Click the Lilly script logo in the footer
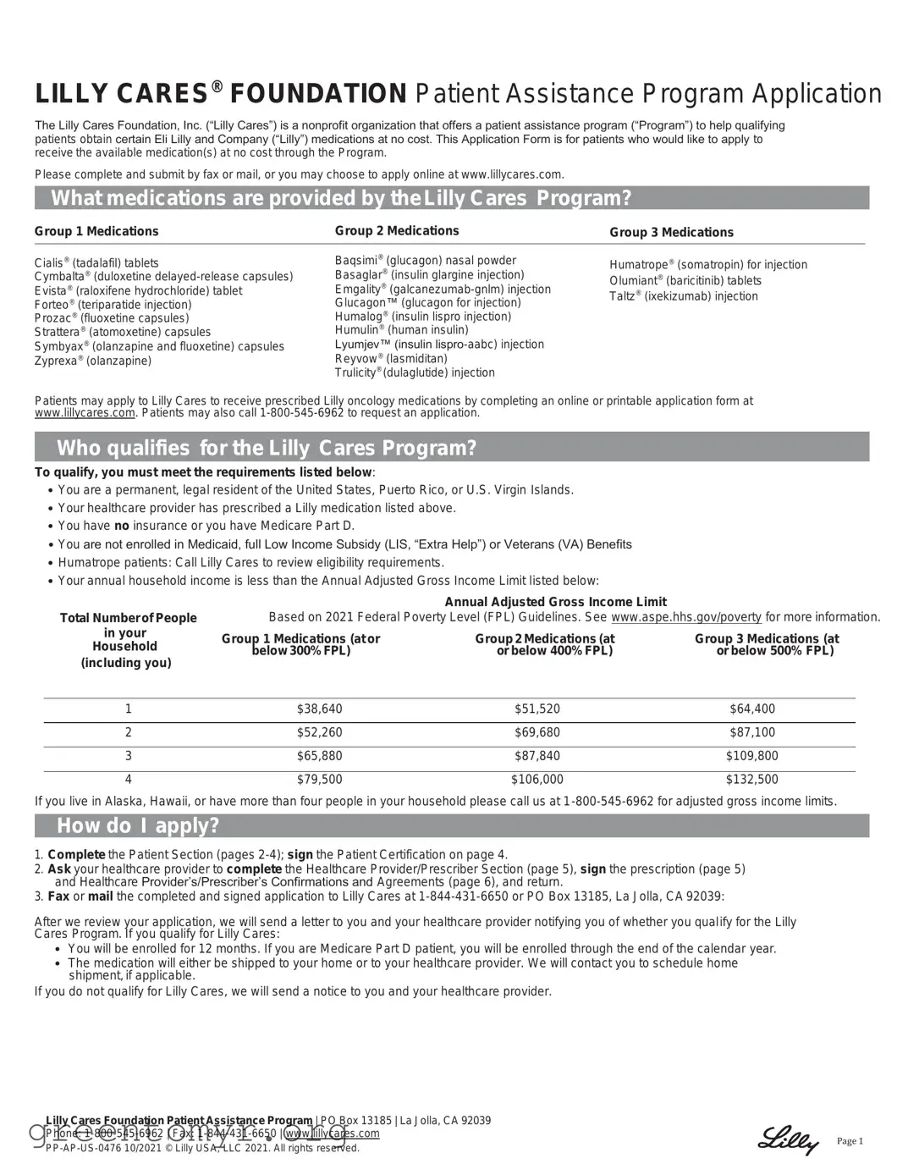(x=788, y=1140)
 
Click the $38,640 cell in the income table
(x=319, y=709)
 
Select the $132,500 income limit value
(x=751, y=779)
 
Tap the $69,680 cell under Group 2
(x=537, y=732)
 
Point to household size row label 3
(x=129, y=756)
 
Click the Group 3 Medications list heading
(x=671, y=232)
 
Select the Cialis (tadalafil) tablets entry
(x=96, y=263)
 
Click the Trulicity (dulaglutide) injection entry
(x=415, y=372)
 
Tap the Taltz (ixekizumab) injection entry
(x=683, y=296)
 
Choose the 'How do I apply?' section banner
(x=451, y=825)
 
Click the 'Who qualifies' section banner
(x=451, y=447)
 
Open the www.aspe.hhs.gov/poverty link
(x=685, y=617)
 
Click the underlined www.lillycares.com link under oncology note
(x=85, y=413)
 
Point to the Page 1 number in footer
(x=850, y=1141)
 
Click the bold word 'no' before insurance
(x=121, y=526)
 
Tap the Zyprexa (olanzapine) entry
(x=93, y=361)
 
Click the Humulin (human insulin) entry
(x=401, y=330)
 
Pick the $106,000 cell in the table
(x=537, y=779)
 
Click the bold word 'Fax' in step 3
(x=58, y=896)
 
